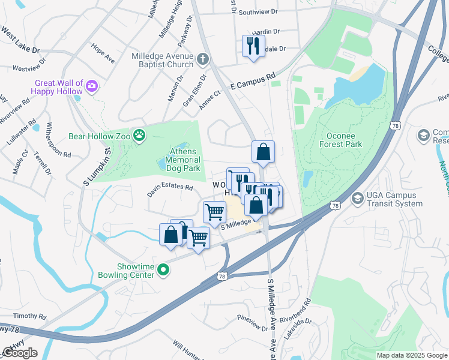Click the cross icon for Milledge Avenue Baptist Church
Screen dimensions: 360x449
203,59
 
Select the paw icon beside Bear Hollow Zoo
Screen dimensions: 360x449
139,136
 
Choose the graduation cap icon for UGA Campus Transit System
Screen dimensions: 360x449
357,198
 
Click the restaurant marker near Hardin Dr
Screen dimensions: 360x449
253,46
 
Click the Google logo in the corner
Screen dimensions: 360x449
20,353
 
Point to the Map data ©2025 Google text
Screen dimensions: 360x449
412,355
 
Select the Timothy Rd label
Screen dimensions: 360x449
29,316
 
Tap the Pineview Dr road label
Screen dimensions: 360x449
252,323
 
